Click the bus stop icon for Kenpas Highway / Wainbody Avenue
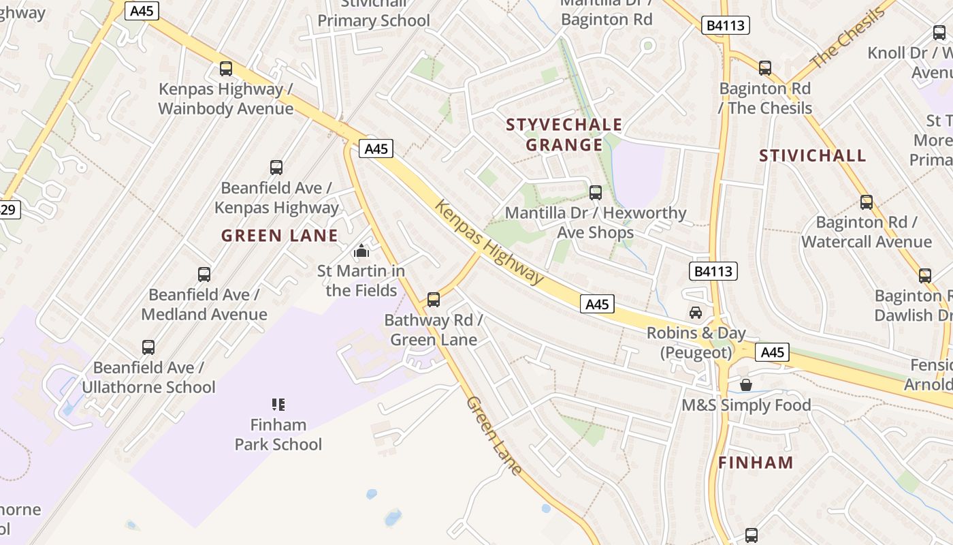tap(226, 69)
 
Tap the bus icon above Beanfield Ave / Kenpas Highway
tap(276, 168)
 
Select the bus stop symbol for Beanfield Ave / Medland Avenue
tap(204, 275)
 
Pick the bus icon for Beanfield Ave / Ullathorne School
tap(148, 347)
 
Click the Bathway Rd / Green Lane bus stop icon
tap(434, 300)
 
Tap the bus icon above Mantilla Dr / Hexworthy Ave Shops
tap(596, 193)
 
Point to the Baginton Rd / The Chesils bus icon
tap(765, 68)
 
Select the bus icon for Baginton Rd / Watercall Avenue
tap(867, 202)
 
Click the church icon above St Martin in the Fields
tap(361, 251)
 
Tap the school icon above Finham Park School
tap(278, 405)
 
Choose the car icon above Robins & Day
tap(696, 313)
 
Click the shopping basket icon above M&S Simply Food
tap(746, 385)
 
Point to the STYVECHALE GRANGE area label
tap(564, 134)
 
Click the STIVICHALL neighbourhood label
tap(813, 155)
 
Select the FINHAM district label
tap(756, 463)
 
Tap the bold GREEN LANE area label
tap(280, 236)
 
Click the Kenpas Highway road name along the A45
tap(489, 242)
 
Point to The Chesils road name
tap(848, 37)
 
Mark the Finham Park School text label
tap(278, 435)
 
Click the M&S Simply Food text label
tap(747, 405)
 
